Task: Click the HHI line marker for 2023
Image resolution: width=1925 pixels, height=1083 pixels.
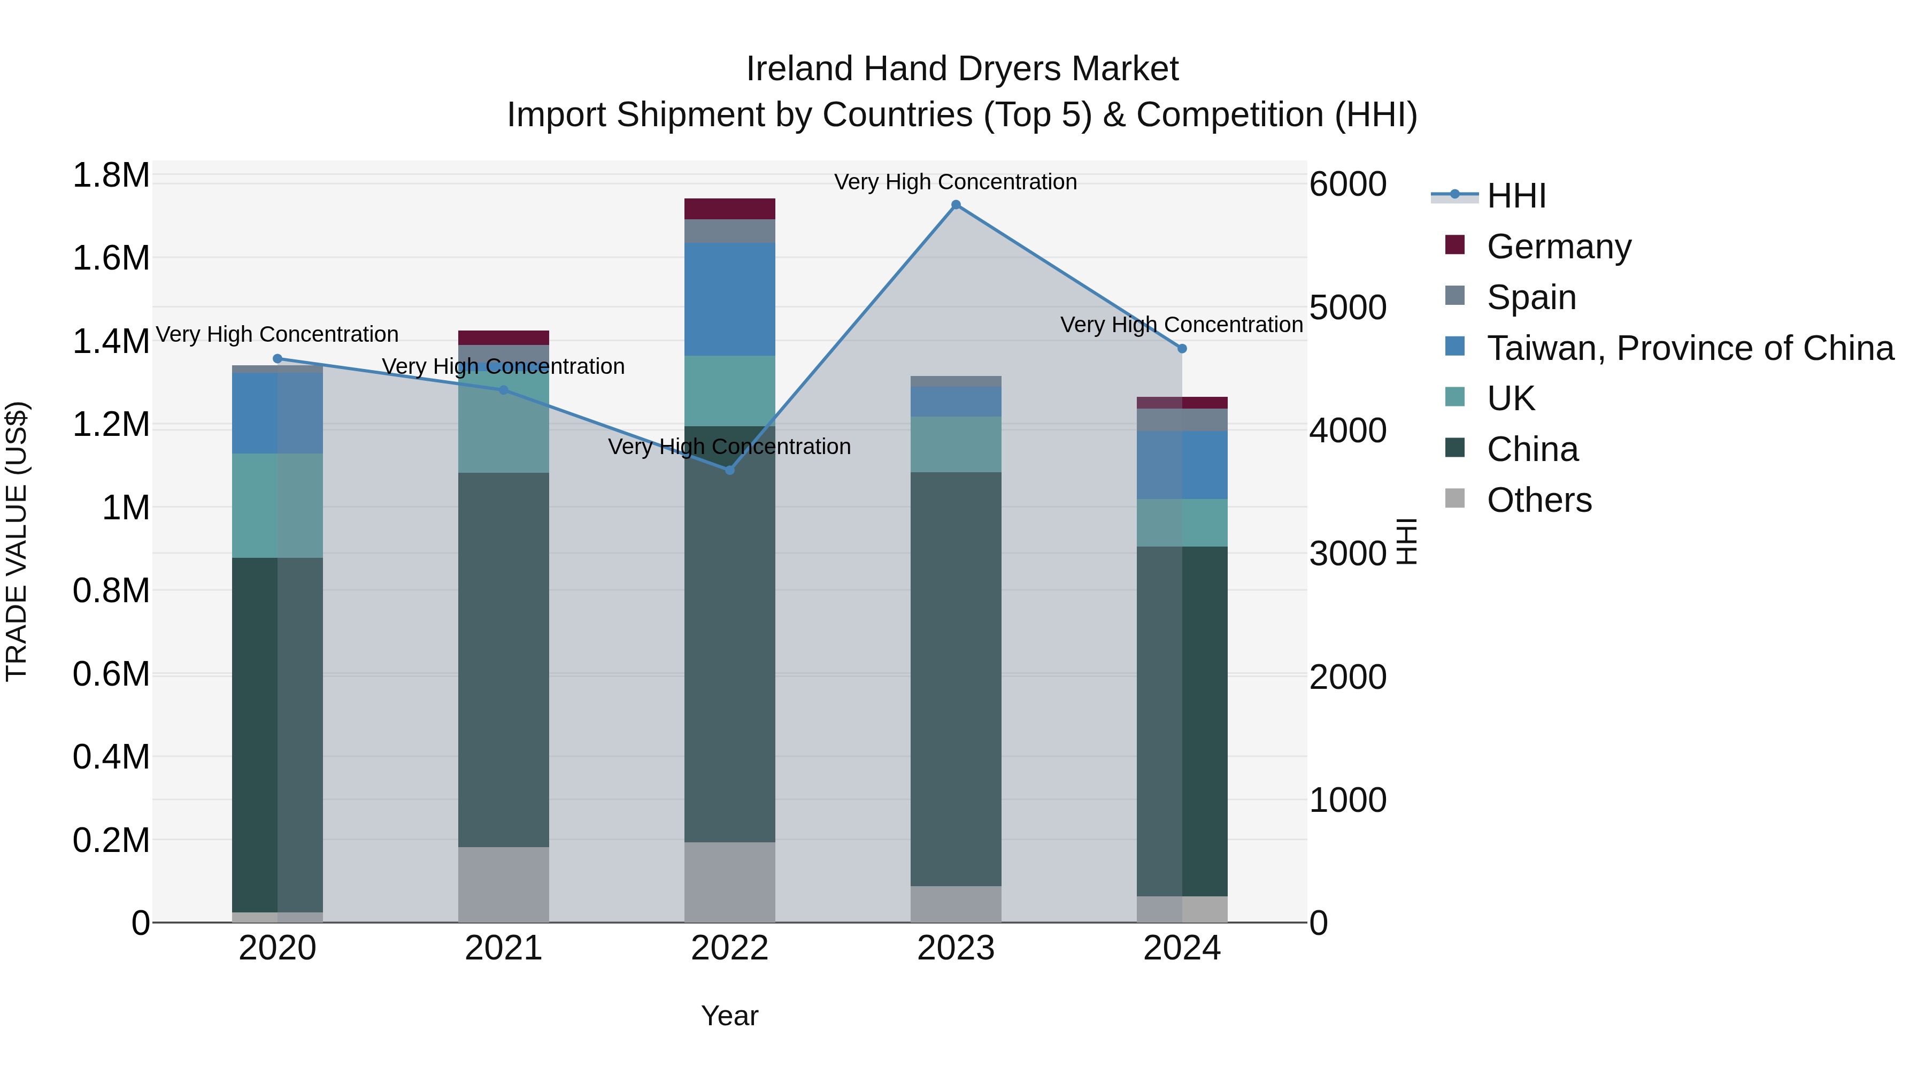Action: point(956,205)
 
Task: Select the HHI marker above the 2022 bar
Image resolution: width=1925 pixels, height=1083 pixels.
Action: point(730,470)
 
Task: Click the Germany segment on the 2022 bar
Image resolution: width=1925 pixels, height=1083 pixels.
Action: point(730,209)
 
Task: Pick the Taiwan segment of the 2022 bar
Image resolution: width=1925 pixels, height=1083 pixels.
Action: point(730,299)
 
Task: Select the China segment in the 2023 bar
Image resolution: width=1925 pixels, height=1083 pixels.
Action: point(956,679)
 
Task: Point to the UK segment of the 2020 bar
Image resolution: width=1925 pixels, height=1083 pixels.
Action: point(277,505)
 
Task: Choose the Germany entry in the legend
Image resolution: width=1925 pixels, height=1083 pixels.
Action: point(1558,247)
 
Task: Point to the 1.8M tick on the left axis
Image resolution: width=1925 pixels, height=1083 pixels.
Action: point(111,175)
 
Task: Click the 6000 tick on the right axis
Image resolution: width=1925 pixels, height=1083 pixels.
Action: point(1348,184)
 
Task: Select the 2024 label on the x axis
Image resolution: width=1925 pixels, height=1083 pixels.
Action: point(1181,948)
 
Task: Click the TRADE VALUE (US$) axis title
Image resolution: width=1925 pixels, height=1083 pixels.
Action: point(17,541)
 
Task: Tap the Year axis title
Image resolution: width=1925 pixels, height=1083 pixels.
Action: point(729,1016)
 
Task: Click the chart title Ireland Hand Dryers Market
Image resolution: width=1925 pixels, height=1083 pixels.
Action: point(962,69)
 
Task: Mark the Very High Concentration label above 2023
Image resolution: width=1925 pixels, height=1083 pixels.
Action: point(955,182)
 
